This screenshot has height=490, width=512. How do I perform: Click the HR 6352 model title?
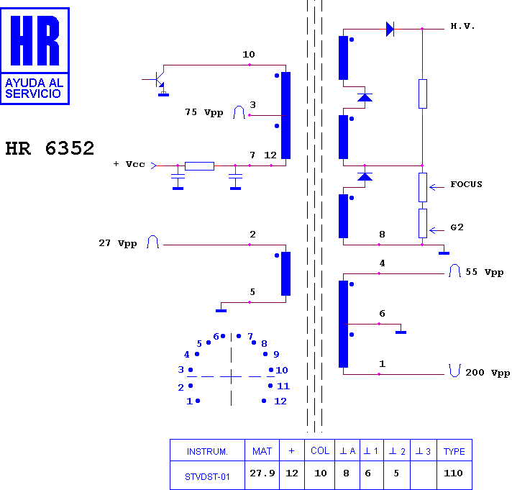pyautogui.click(x=50, y=148)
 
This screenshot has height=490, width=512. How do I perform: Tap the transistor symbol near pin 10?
pyautogui.click(x=157, y=80)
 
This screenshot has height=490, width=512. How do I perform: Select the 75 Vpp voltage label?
pyautogui.click(x=204, y=112)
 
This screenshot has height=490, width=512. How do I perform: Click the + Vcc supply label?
pyautogui.click(x=129, y=164)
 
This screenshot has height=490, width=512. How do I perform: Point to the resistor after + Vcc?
pyautogui.click(x=199, y=166)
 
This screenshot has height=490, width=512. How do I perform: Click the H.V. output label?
pyautogui.click(x=462, y=26)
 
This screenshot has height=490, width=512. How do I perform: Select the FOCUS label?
pyautogui.click(x=466, y=184)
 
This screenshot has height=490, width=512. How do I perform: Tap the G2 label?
pyautogui.click(x=457, y=227)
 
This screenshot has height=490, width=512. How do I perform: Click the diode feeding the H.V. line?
pyautogui.click(x=390, y=29)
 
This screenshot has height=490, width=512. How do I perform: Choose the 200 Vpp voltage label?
pyautogui.click(x=488, y=373)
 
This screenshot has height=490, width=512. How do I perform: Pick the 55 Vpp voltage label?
pyautogui.click(x=484, y=272)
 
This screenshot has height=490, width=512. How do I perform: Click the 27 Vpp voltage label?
pyautogui.click(x=117, y=243)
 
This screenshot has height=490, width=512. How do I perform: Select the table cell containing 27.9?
pyautogui.click(x=262, y=475)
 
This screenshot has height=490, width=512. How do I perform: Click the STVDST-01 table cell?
pyautogui.click(x=207, y=475)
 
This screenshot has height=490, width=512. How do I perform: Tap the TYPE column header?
pyautogui.click(x=454, y=450)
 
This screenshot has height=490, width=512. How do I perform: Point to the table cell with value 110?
pyautogui.click(x=454, y=475)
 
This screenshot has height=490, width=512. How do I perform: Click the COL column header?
pyautogui.click(x=320, y=450)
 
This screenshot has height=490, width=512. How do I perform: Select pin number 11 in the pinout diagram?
pyautogui.click(x=283, y=386)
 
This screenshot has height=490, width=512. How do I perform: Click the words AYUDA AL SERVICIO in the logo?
pyautogui.click(x=35, y=89)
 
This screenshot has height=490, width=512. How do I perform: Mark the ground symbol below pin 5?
pyautogui.click(x=221, y=310)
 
